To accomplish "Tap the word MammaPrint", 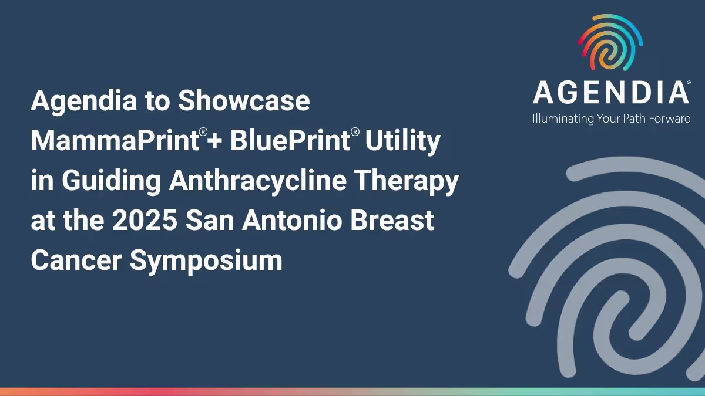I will pyautogui.click(x=113, y=141).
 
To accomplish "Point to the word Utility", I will pyautogui.click(x=402, y=141).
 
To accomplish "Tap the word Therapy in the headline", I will pyautogui.click(x=411, y=182).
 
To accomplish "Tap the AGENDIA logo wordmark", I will pyautogui.click(x=610, y=93).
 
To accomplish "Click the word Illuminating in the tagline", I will pyautogui.click(x=563, y=119).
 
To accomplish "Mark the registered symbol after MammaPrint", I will pyautogui.click(x=202, y=133).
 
